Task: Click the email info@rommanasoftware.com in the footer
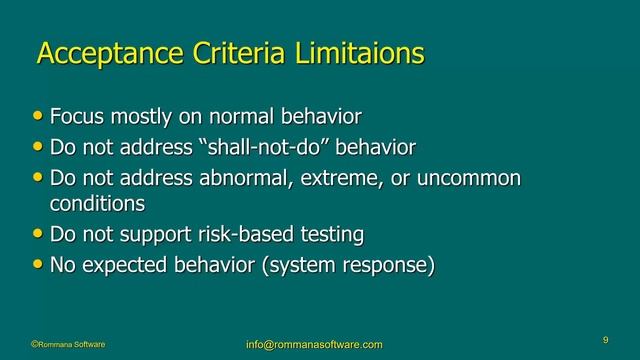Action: pyautogui.click(x=314, y=345)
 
